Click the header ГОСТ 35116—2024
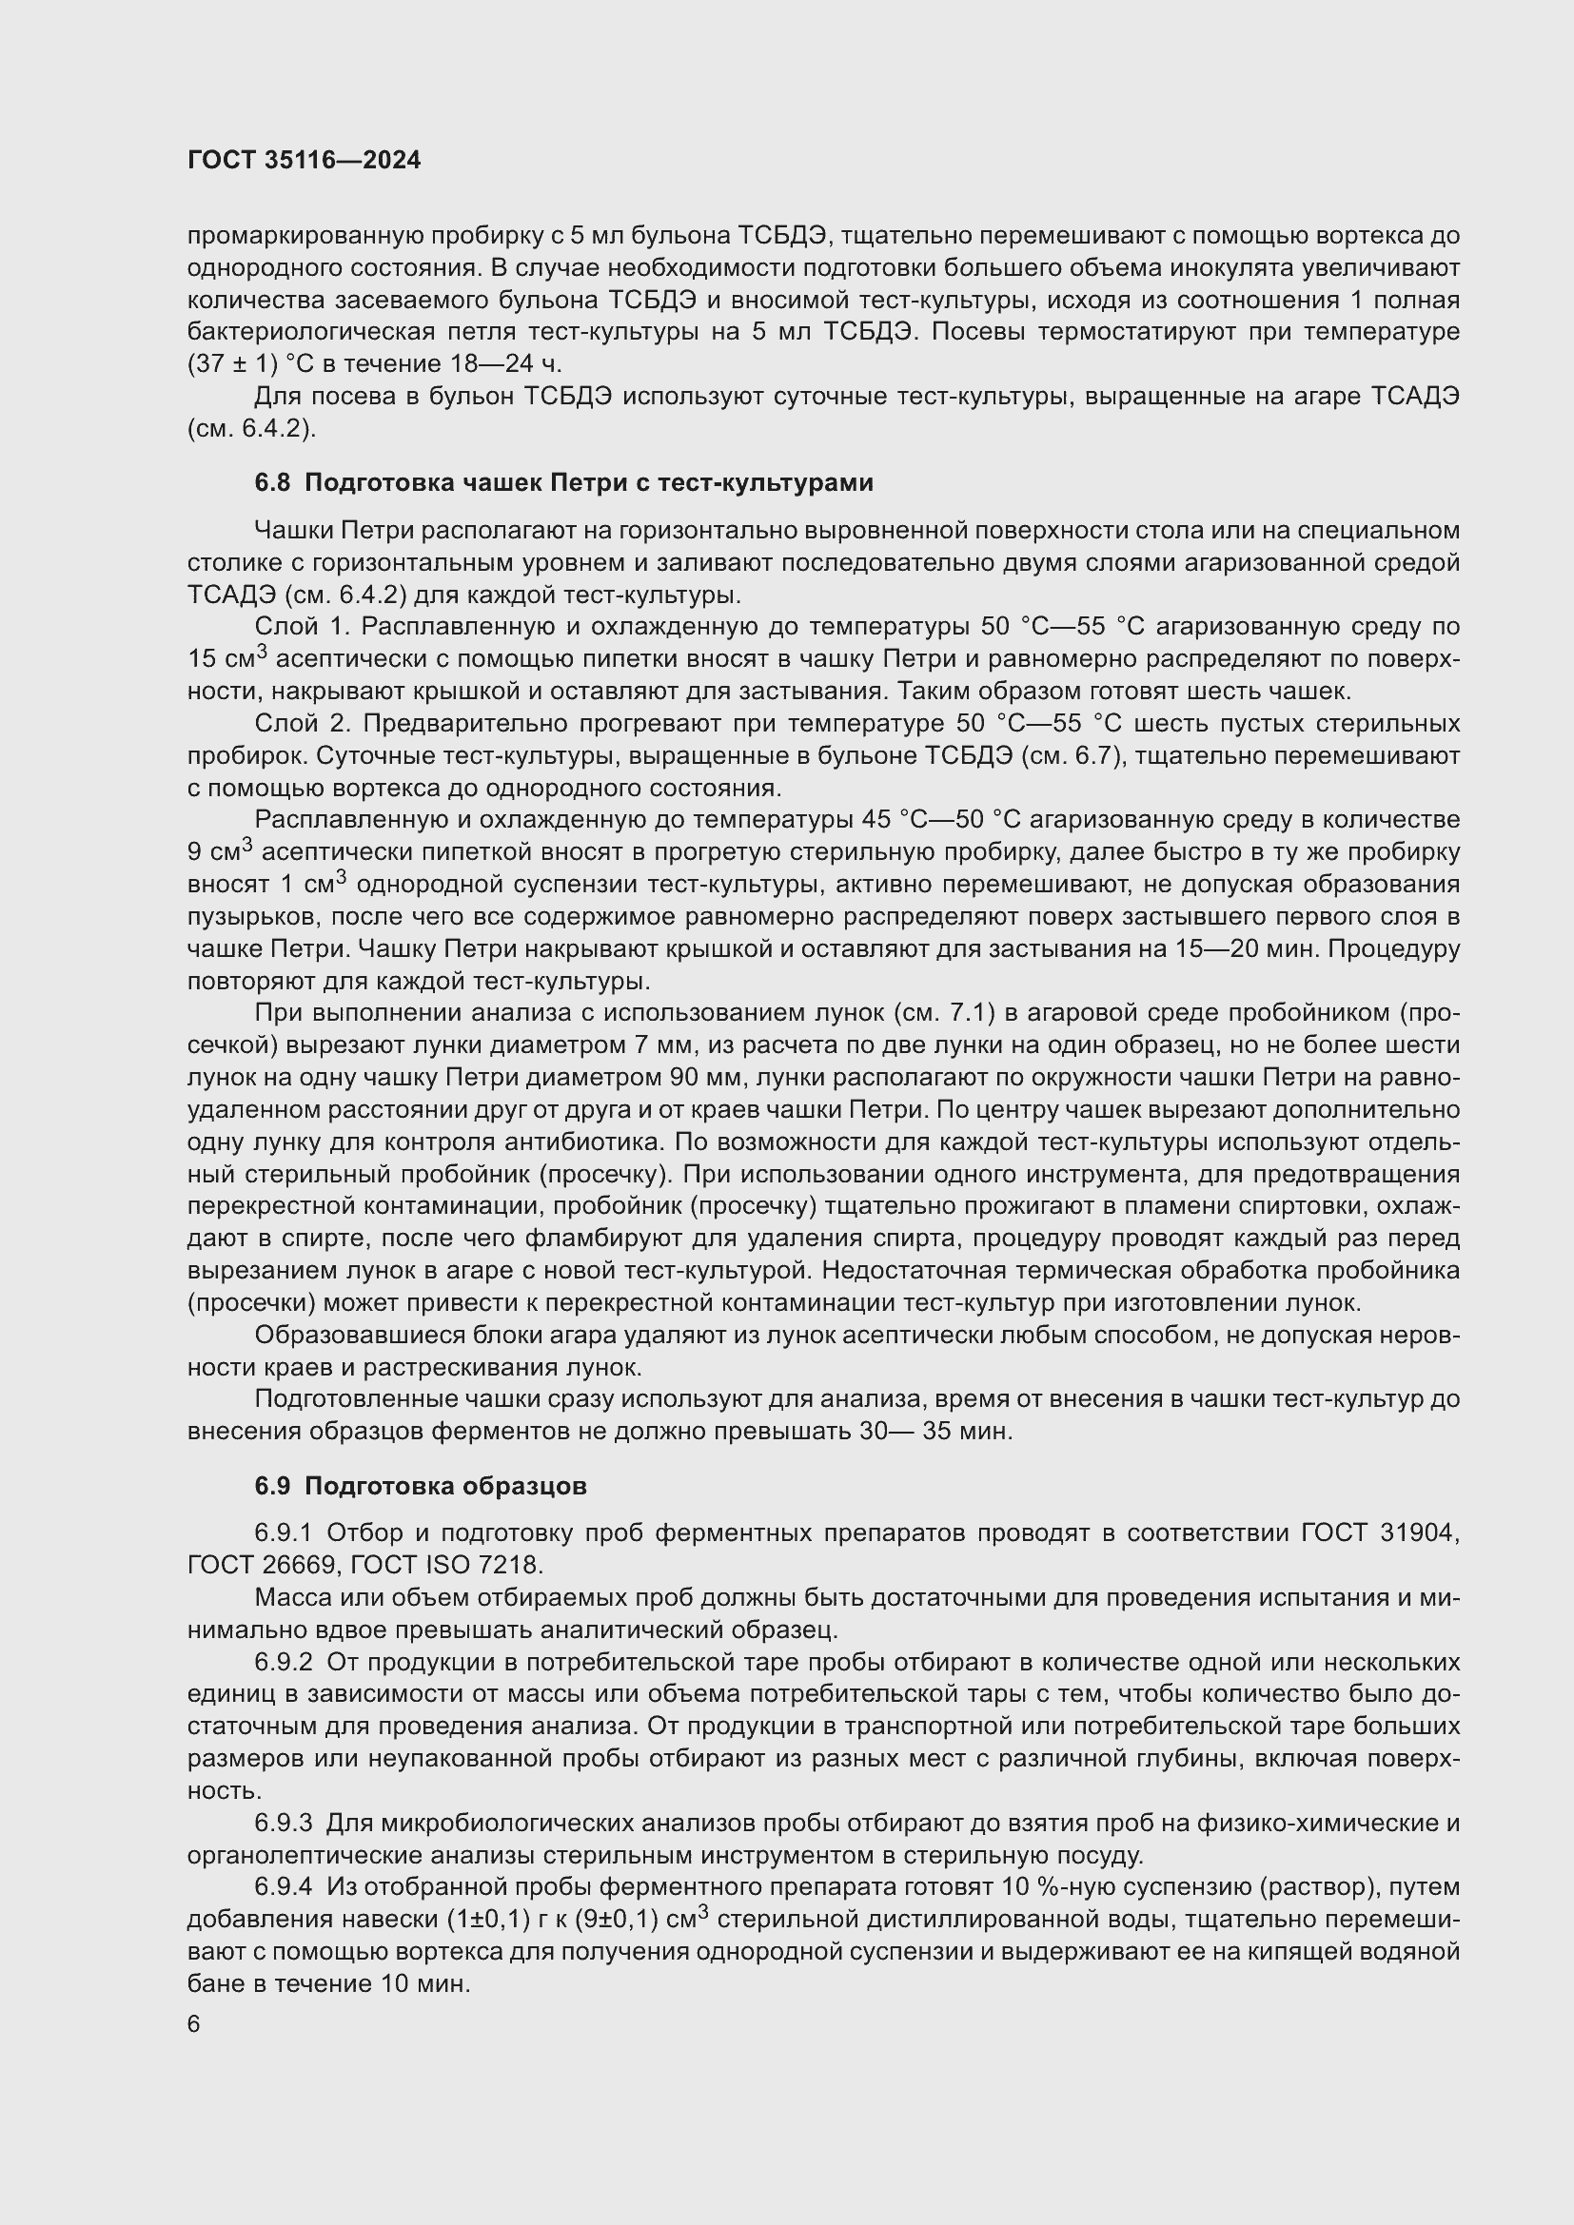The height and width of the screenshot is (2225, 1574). [x=305, y=161]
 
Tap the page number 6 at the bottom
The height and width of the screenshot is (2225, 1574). [x=194, y=2024]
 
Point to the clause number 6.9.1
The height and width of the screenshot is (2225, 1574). [x=283, y=1533]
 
